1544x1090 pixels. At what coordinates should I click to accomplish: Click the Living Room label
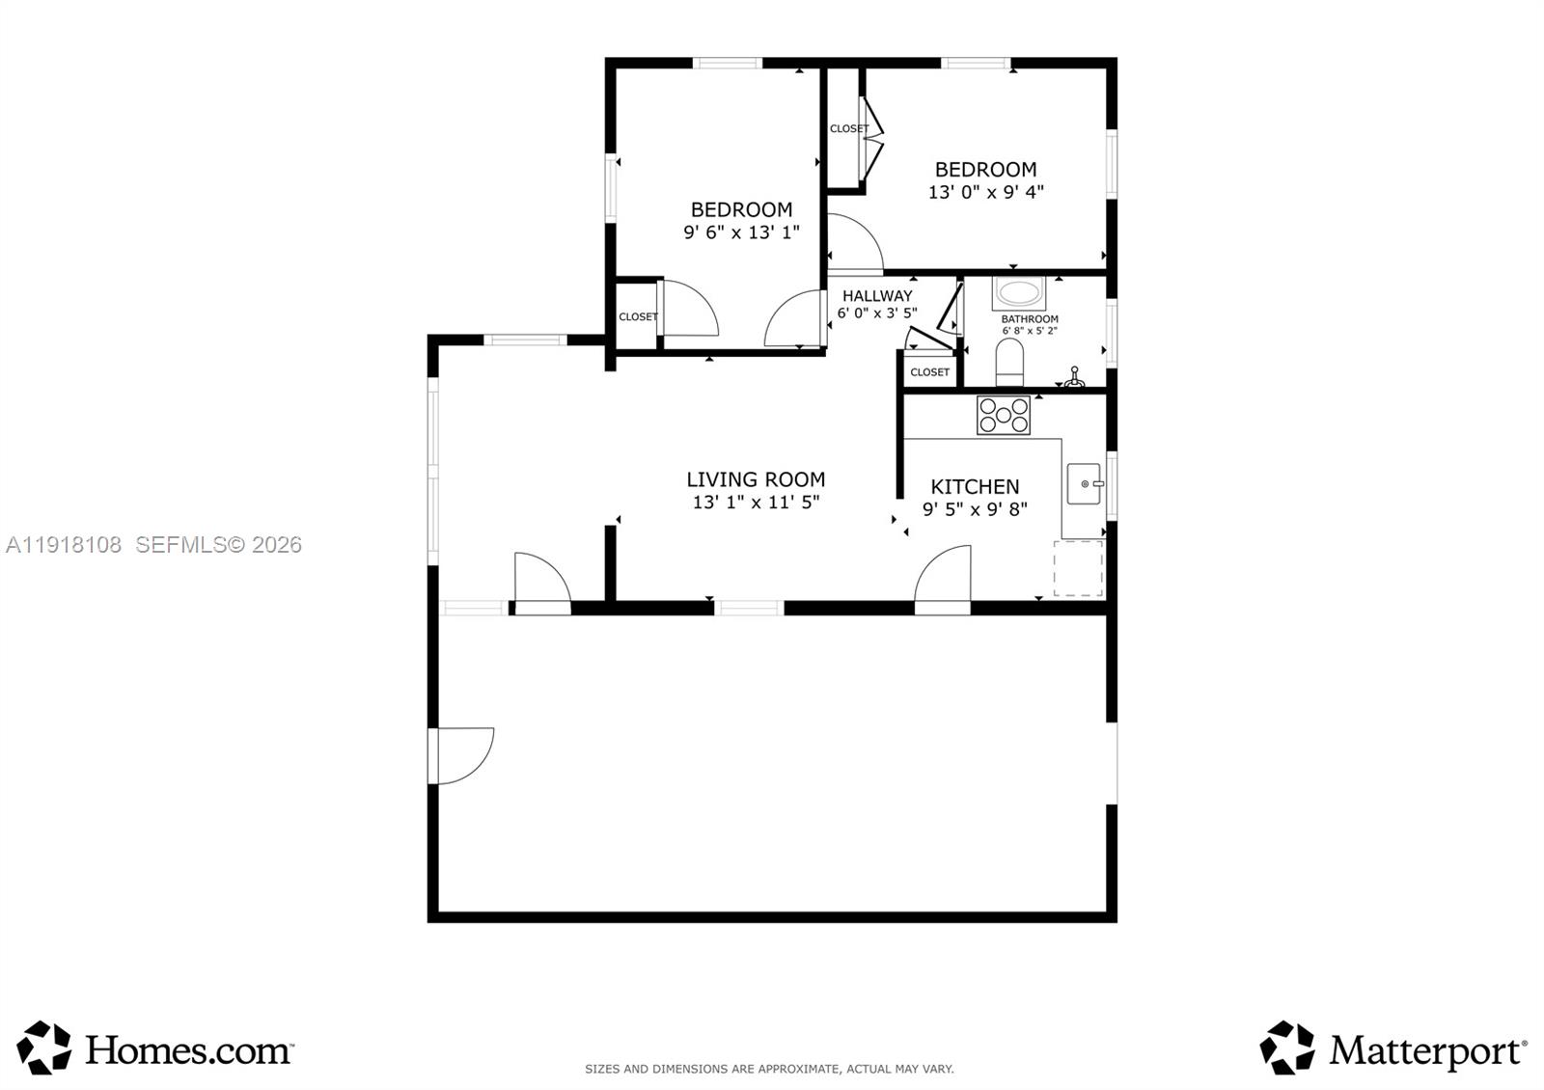tap(756, 479)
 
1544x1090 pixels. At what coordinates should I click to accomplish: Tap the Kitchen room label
tap(975, 487)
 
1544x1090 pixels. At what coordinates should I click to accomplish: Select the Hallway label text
tap(877, 296)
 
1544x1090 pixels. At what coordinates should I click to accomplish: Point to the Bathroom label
tap(1029, 319)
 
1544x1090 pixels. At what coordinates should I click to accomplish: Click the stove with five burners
tap(1003, 415)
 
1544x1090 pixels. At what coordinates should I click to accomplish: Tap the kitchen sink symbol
tap(1085, 483)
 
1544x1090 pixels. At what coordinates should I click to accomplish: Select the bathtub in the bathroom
tap(1019, 293)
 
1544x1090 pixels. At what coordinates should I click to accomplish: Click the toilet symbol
tap(1009, 362)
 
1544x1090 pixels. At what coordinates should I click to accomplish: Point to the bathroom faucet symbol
tap(1074, 377)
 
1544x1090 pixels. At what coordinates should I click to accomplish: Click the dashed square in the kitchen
tap(1078, 568)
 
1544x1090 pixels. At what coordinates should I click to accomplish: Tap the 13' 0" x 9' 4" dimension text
tap(985, 192)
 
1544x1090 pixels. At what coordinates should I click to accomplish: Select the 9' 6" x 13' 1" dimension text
tap(742, 232)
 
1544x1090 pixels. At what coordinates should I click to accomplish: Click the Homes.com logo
tap(155, 1048)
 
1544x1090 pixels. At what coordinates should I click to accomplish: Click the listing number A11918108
tap(64, 545)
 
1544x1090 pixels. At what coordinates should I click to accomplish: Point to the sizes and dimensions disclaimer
tap(769, 1069)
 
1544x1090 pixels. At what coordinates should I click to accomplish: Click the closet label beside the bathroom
tap(930, 372)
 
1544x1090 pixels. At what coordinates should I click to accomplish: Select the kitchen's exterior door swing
tap(942, 573)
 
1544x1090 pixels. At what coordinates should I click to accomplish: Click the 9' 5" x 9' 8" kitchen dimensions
tap(975, 509)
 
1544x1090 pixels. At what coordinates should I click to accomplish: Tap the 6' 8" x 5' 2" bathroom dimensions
tap(1029, 331)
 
